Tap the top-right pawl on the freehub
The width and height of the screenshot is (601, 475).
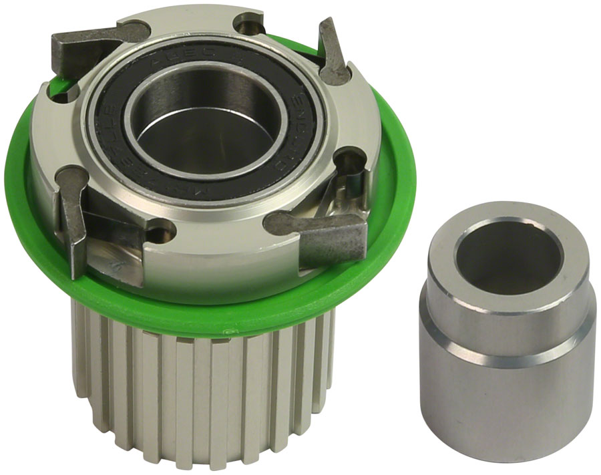pyautogui.click(x=333, y=53)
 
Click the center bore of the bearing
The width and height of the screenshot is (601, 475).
pyautogui.click(x=207, y=127)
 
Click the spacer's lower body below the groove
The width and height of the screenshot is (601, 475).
pyautogui.click(x=508, y=401)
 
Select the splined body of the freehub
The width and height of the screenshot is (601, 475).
pyautogui.click(x=200, y=401)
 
